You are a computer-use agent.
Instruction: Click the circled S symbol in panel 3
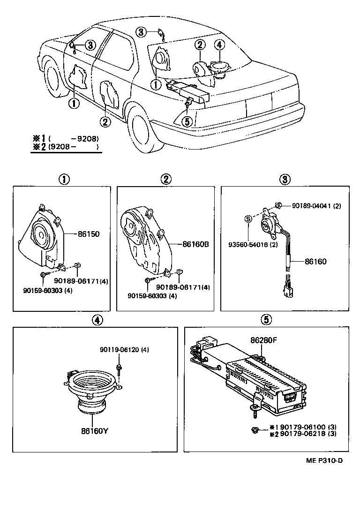coord(249,218)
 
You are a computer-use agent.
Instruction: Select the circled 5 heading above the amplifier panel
coord(266,319)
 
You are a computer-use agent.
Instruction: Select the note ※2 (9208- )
coord(66,147)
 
